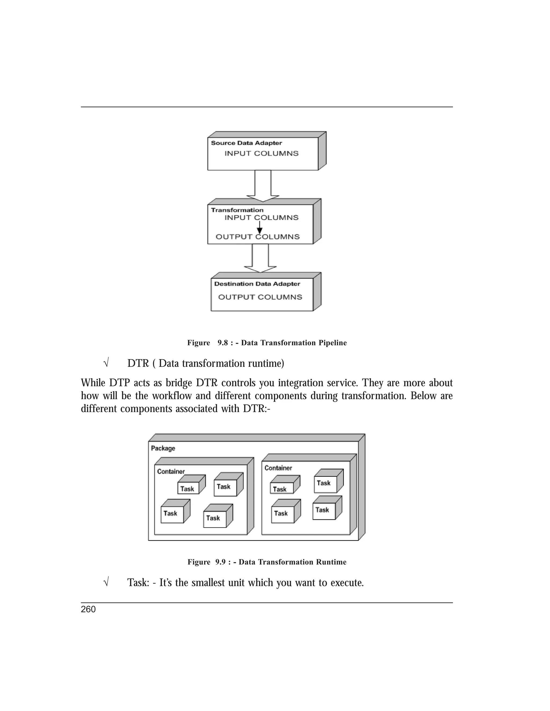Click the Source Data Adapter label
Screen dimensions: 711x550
click(x=246, y=143)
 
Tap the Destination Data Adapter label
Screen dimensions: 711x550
click(x=257, y=284)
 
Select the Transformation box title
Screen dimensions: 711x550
click(x=237, y=210)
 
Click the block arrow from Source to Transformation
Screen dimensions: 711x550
click(x=263, y=186)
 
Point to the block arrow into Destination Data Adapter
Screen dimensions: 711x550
click(x=260, y=259)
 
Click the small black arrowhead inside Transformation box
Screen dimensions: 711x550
click(x=260, y=230)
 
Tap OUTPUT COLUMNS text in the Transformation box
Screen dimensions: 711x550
click(x=257, y=237)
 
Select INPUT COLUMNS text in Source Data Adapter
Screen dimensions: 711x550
click(x=261, y=153)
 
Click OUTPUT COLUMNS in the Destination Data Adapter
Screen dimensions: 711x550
click(x=260, y=297)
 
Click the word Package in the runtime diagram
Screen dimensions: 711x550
click(x=163, y=448)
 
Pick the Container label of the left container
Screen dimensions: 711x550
click(x=171, y=471)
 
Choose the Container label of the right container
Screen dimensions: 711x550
click(x=278, y=468)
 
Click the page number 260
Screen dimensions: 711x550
click(x=88, y=609)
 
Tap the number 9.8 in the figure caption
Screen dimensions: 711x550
click(x=223, y=343)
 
